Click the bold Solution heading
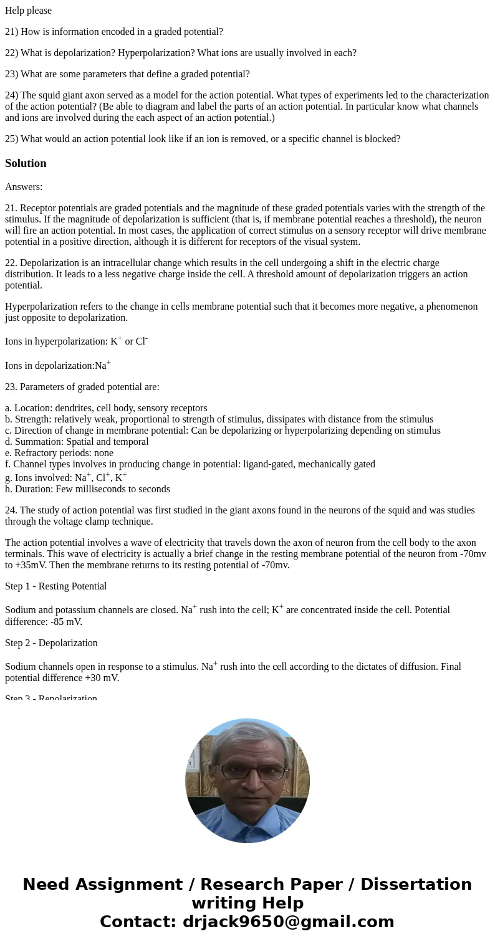(26, 163)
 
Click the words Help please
(28, 11)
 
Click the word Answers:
(24, 187)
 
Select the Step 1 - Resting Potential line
(55, 586)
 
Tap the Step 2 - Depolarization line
(51, 643)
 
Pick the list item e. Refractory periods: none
(59, 453)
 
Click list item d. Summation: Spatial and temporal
(77, 442)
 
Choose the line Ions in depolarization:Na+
(57, 366)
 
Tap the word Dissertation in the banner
(416, 885)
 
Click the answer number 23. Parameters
(11, 387)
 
